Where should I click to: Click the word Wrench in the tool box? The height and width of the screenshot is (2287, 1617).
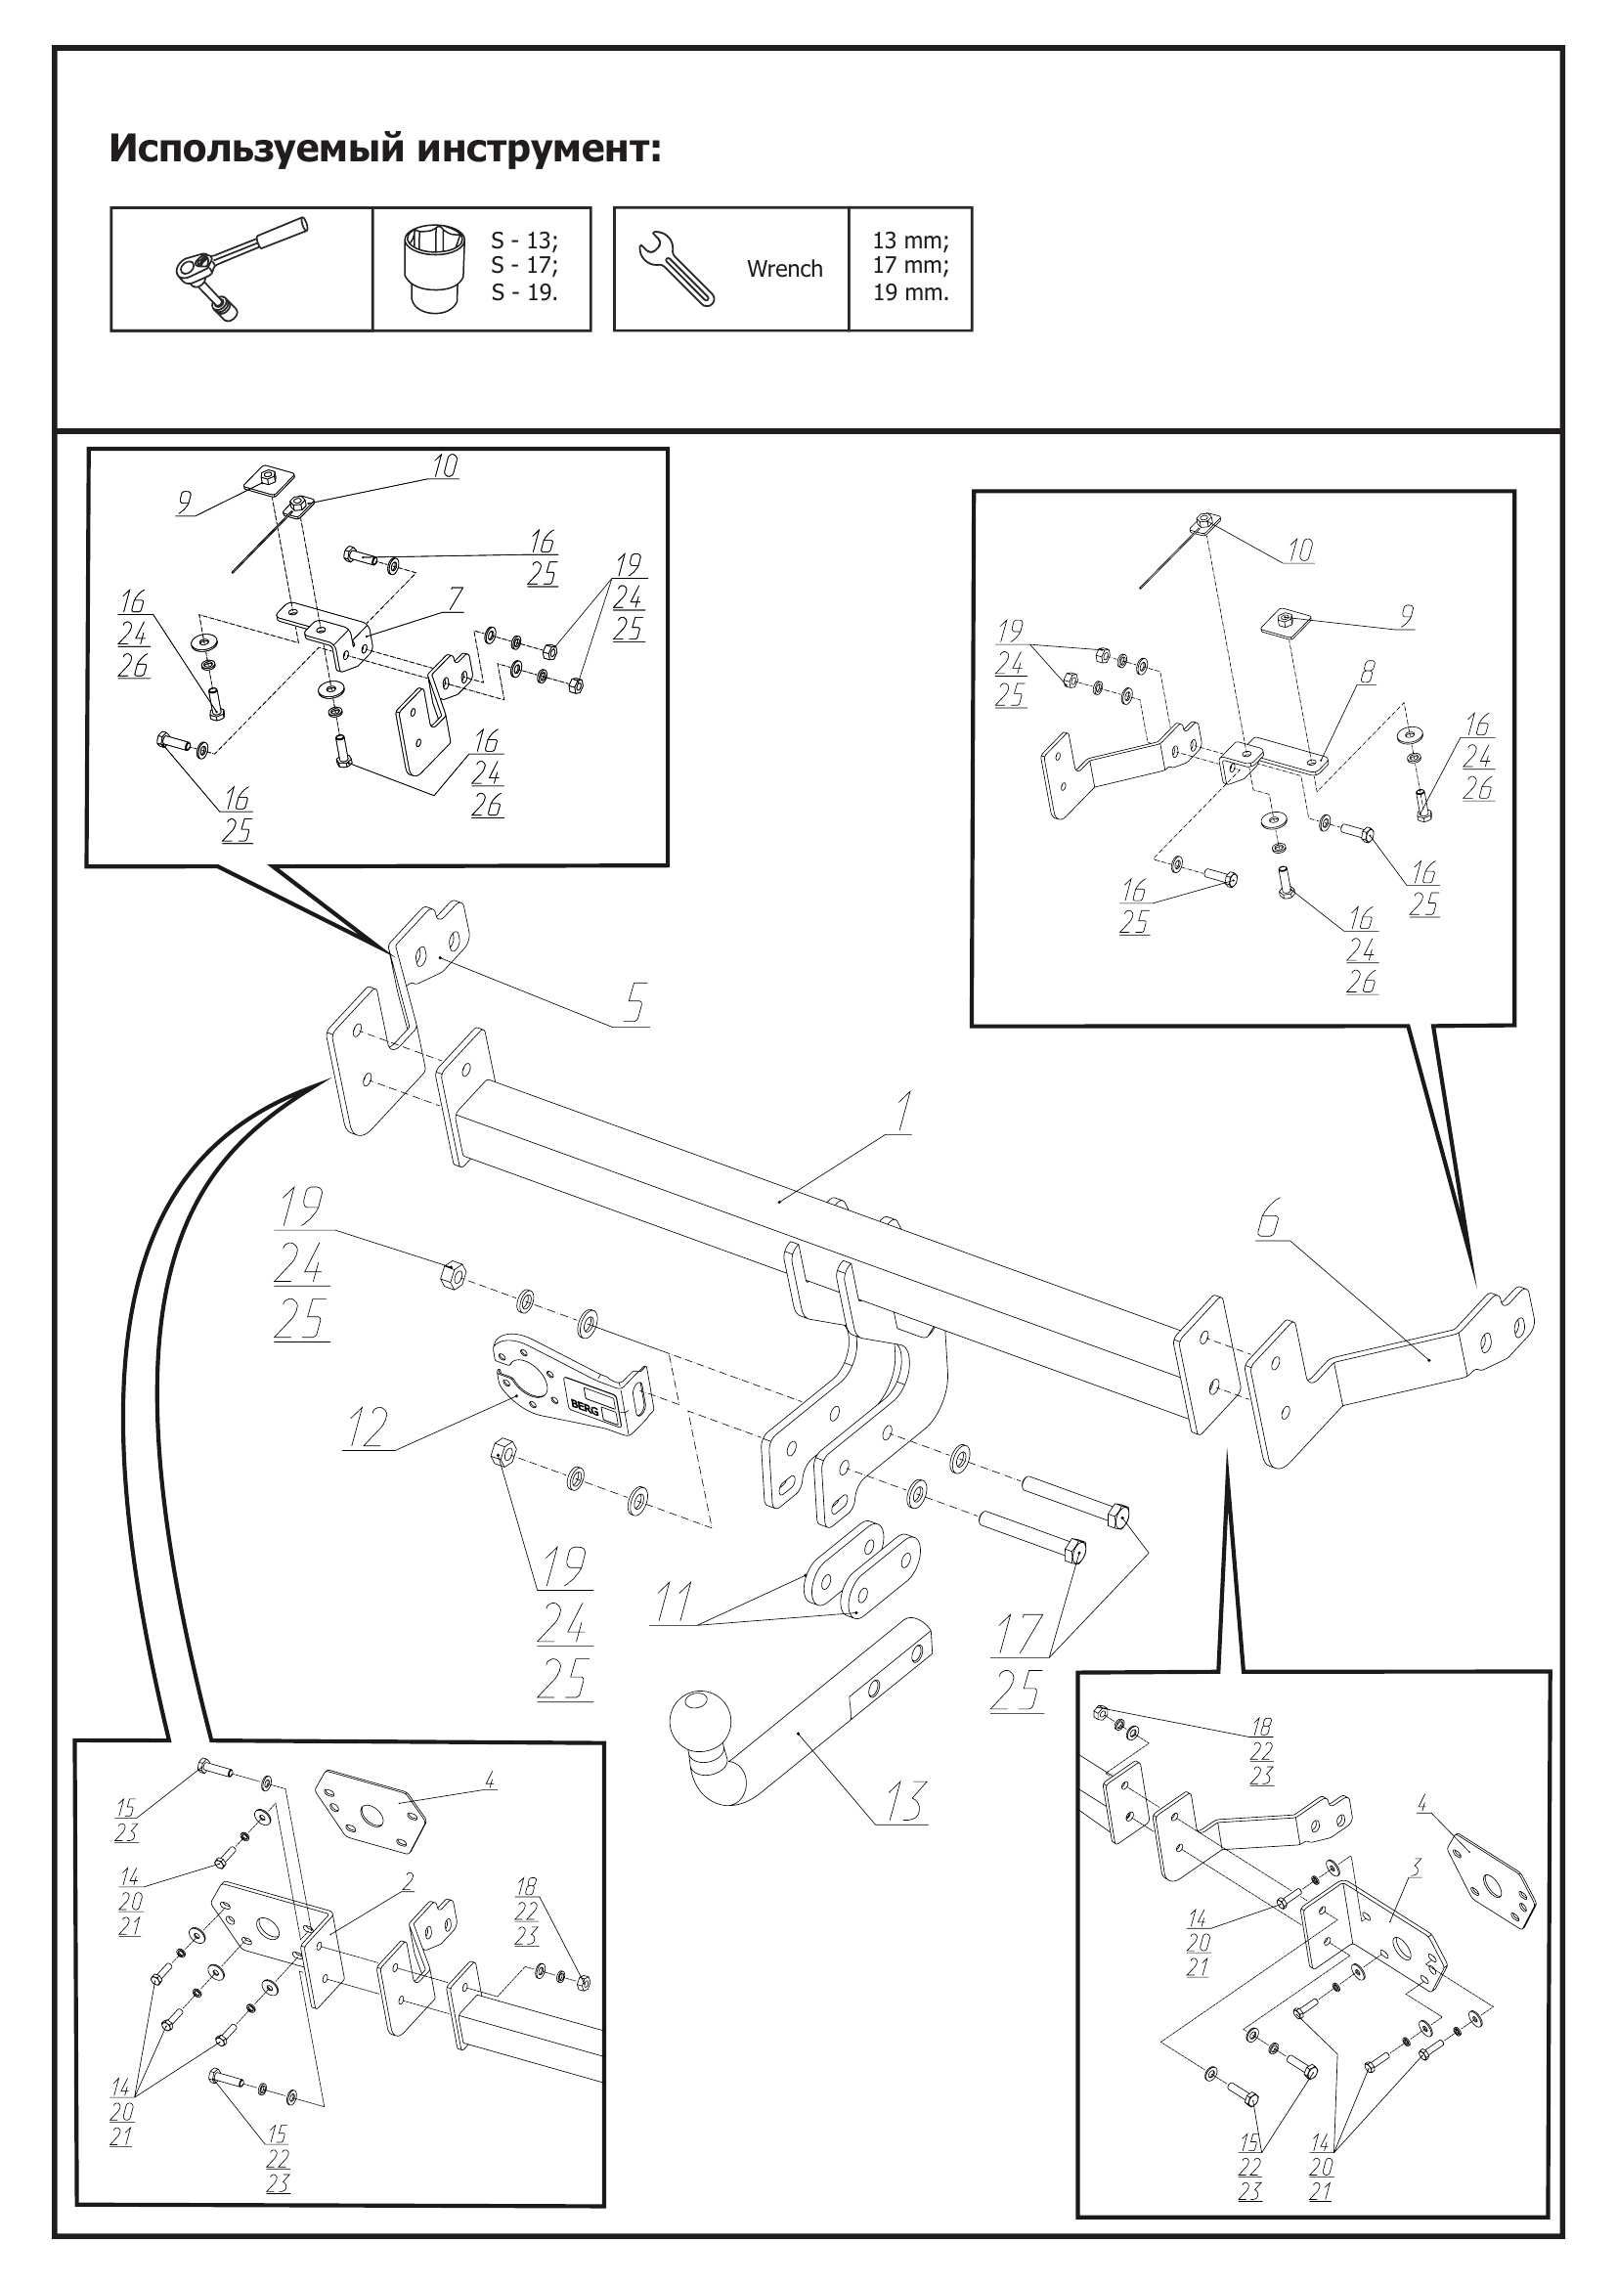(x=785, y=269)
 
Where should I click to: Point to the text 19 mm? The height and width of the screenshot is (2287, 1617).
(x=910, y=293)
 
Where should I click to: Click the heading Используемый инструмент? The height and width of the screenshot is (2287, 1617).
(x=384, y=149)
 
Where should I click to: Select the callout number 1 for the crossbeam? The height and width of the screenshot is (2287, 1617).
(x=902, y=1115)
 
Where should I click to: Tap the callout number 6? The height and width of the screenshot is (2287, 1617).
(x=1268, y=1220)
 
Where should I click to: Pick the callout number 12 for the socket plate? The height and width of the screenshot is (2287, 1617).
(x=367, y=1429)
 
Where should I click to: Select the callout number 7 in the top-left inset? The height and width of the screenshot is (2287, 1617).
(x=455, y=598)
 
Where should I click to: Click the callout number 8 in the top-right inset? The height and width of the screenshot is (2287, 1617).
(x=1368, y=674)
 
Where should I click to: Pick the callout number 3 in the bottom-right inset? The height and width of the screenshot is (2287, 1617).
(x=1415, y=1868)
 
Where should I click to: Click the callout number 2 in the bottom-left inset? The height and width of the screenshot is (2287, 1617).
(x=408, y=1881)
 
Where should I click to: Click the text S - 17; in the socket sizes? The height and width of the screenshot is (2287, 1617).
(x=524, y=266)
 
